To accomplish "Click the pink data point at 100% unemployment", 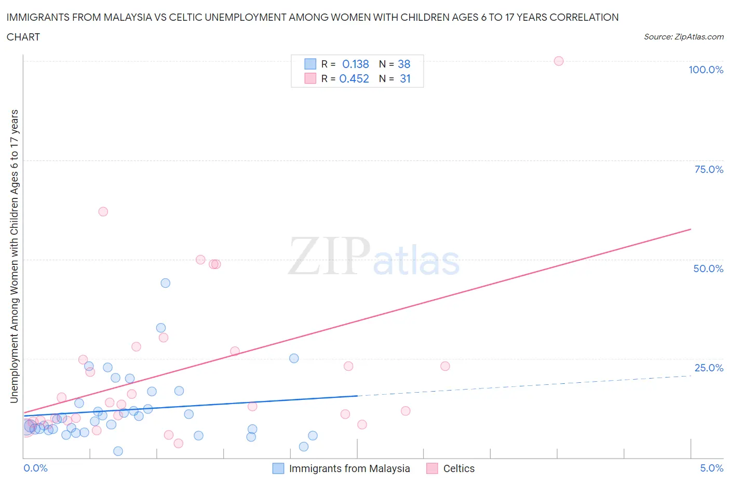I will [559, 61].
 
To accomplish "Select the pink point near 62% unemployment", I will [103, 211].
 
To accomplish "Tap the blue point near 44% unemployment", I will [165, 283].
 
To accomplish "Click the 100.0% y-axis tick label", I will [706, 70].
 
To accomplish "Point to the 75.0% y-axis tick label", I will [709, 169].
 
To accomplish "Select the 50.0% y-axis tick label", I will [708, 269].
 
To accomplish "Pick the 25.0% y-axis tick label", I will [709, 368].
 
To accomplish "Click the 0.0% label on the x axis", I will [35, 468].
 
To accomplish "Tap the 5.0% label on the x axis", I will [711, 468].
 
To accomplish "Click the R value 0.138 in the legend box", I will [355, 64].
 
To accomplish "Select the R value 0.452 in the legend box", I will [354, 78].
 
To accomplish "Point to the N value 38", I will [404, 64].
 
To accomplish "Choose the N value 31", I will [405, 78].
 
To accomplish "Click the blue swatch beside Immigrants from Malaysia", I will [278, 468].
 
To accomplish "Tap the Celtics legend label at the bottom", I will [458, 468].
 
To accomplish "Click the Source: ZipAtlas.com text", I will [683, 36].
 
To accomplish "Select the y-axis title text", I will [14, 257].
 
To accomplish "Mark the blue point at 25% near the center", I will [294, 358].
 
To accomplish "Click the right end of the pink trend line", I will [691, 229].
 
